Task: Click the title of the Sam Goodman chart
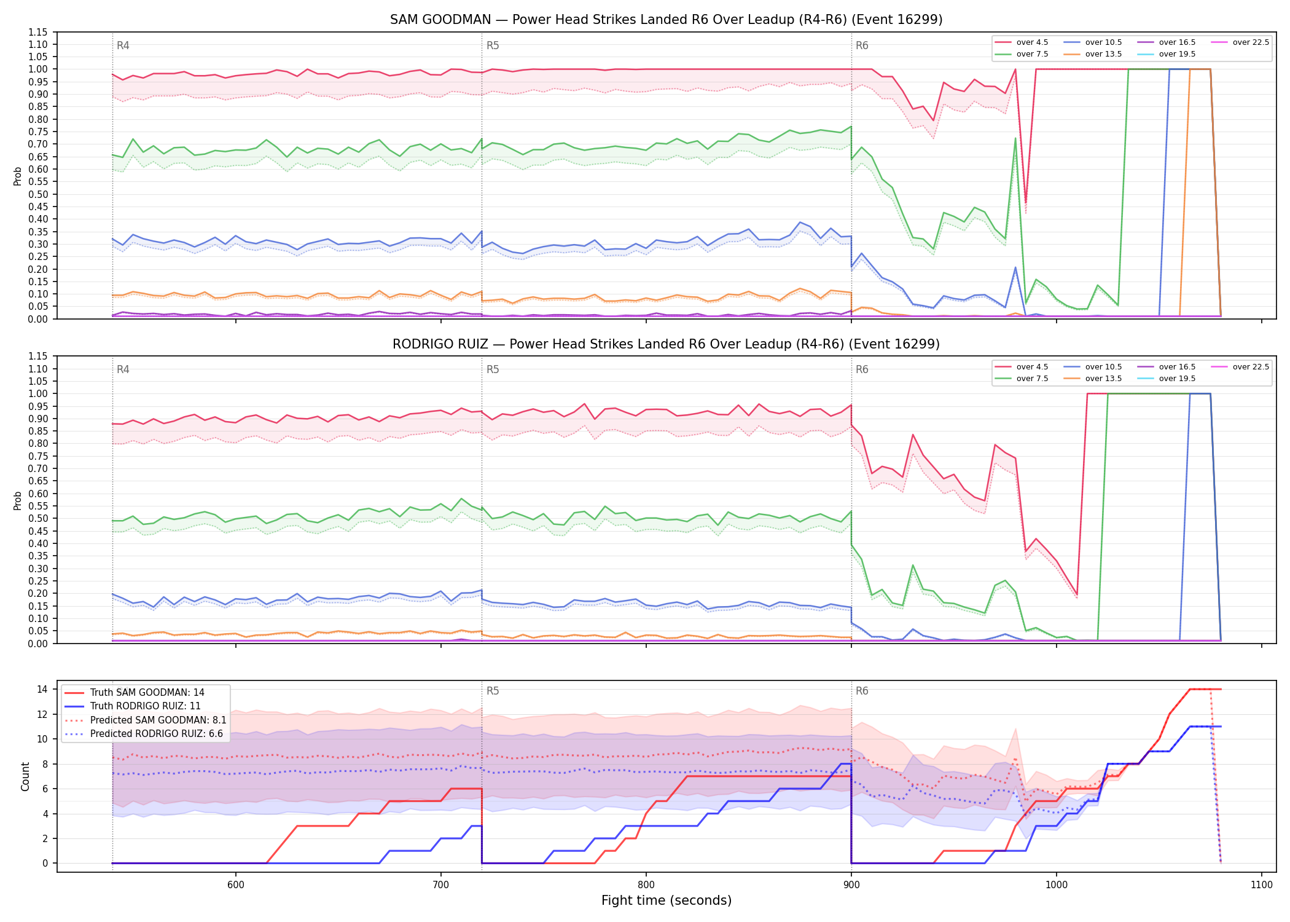click(x=666, y=20)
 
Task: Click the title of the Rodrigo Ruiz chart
click(x=666, y=344)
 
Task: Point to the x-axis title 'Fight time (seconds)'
click(x=666, y=900)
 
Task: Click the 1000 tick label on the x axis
click(x=1057, y=885)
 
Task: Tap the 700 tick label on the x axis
click(x=441, y=885)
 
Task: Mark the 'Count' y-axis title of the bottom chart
click(x=25, y=776)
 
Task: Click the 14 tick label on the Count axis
click(x=42, y=689)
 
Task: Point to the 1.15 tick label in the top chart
click(x=38, y=32)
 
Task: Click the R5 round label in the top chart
click(x=493, y=45)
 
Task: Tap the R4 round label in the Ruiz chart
click(x=123, y=369)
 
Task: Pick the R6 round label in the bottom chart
click(x=862, y=691)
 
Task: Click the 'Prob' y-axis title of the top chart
click(x=18, y=176)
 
